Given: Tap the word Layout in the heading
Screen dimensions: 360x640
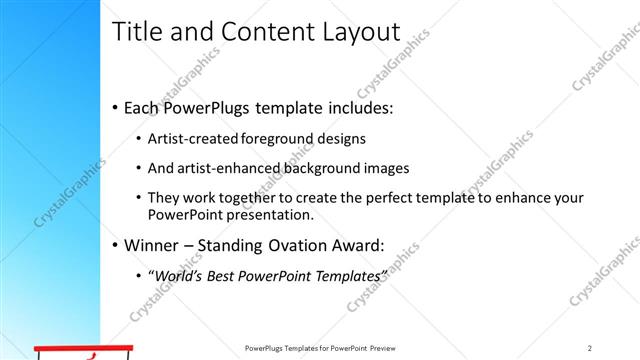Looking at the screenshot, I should click(x=352, y=32).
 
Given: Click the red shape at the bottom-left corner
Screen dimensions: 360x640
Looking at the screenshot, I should click(x=85, y=352).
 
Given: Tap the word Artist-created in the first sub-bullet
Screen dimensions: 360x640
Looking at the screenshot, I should click(x=194, y=139).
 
